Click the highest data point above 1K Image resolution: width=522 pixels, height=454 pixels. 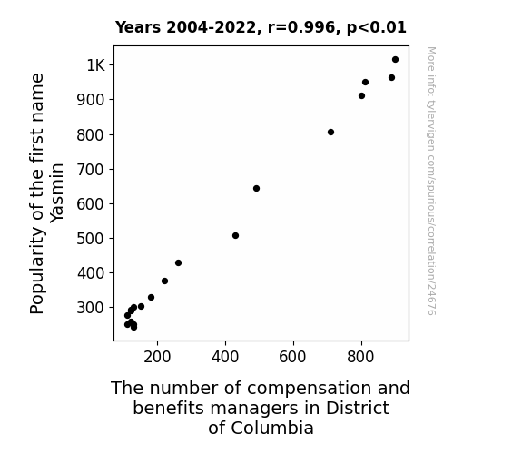395,60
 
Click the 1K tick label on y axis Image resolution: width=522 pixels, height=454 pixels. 96,65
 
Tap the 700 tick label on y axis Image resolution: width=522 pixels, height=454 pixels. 91,170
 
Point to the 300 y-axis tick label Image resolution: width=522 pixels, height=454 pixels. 91,308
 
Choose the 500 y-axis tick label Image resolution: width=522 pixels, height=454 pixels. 91,239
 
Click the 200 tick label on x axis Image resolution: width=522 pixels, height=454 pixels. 157,357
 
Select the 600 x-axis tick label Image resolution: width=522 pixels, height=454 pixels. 292,357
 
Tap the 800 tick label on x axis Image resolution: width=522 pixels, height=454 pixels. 360,357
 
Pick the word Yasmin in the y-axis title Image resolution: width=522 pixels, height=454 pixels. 56,192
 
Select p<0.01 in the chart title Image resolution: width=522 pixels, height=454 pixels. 377,27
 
